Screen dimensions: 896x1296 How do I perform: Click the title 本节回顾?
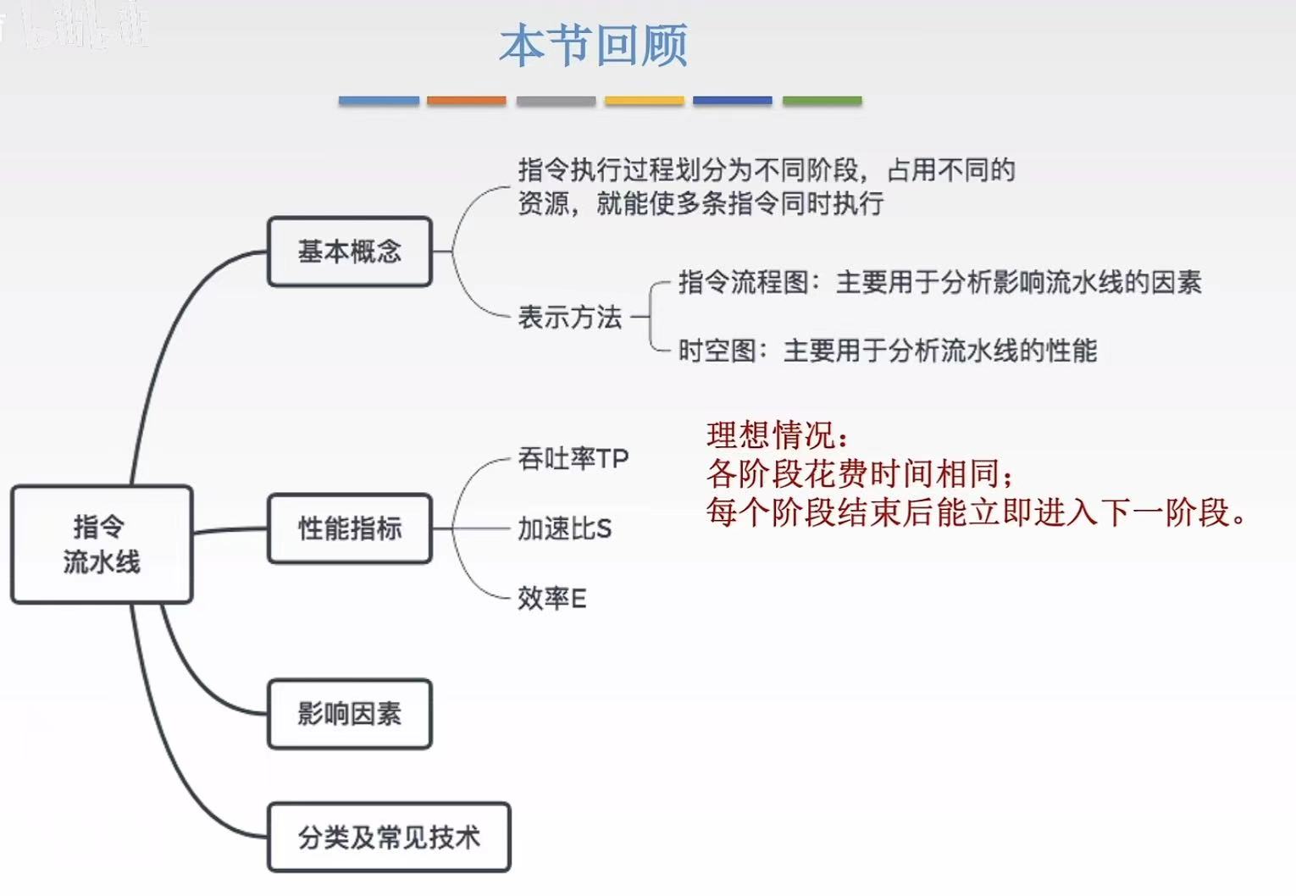[593, 46]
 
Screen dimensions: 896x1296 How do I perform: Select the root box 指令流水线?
[102, 545]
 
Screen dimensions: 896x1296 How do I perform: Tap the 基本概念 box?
[350, 252]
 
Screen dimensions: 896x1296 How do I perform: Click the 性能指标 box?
[350, 528]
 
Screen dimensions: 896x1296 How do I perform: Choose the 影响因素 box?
[350, 714]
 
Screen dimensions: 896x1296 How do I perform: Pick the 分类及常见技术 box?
[389, 838]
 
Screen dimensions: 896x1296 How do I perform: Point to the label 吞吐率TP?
[573, 459]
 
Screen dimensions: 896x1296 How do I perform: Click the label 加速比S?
[564, 529]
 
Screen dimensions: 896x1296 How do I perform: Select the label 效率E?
[552, 599]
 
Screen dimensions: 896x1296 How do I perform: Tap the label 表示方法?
[570, 318]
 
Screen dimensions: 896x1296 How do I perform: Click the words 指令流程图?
[744, 282]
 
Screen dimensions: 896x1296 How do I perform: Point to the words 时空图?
[717, 351]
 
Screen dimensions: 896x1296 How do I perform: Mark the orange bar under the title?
[467, 101]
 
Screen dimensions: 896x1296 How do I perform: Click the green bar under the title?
[822, 101]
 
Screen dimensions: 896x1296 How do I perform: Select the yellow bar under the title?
[644, 101]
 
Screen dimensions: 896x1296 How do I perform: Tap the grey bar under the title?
[556, 101]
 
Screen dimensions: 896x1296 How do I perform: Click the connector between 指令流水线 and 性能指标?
[230, 531]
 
